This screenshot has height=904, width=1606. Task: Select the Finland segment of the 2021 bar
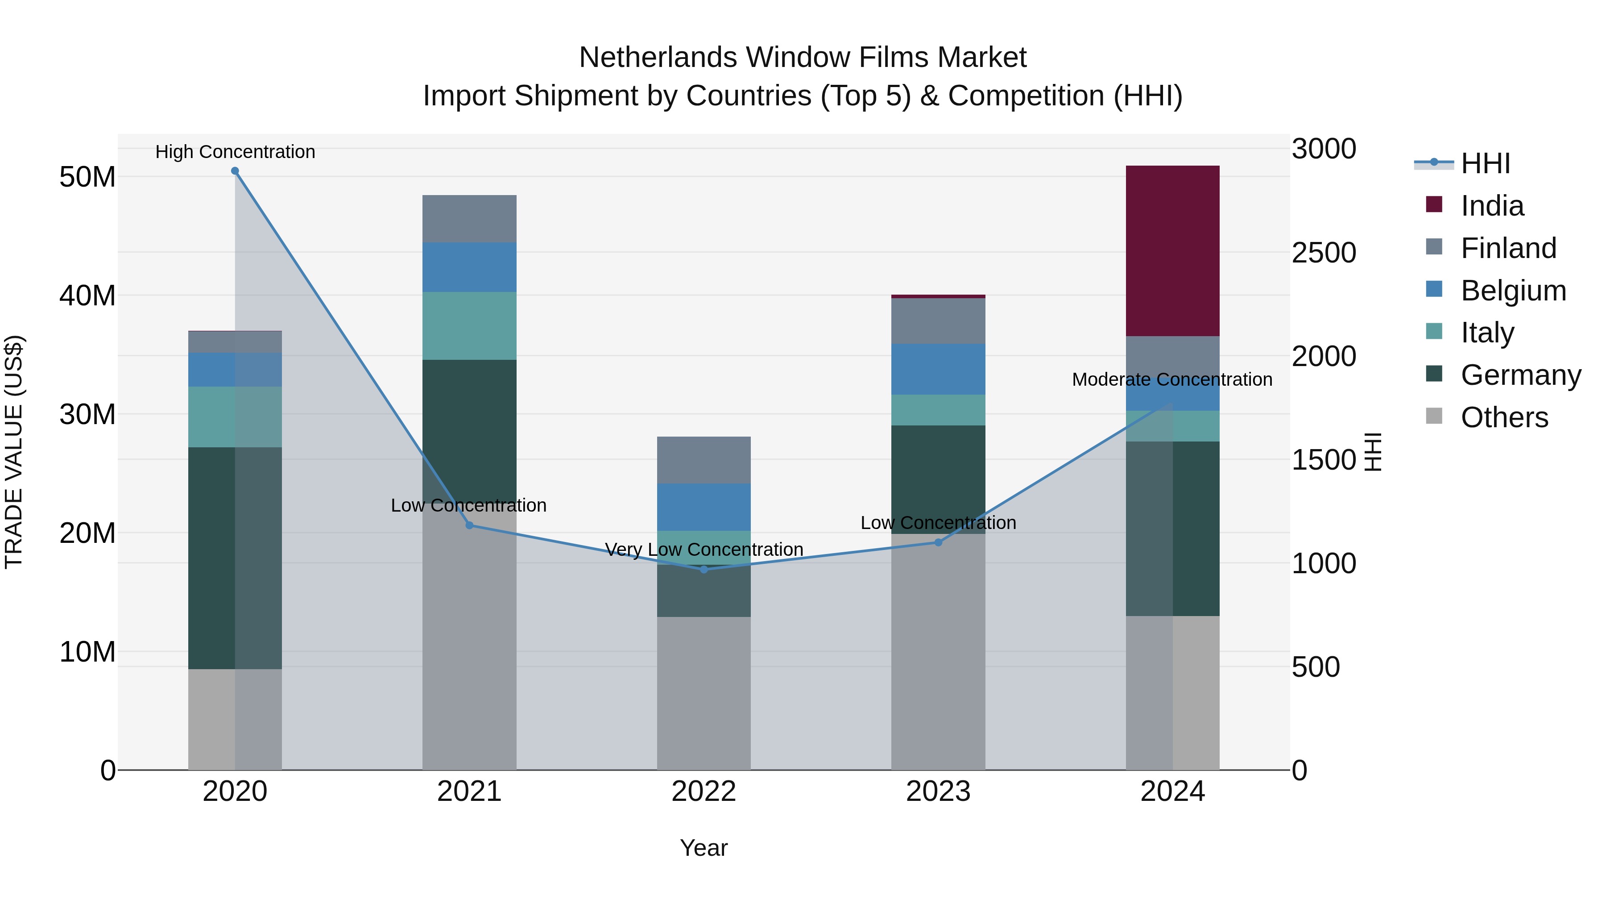coord(469,219)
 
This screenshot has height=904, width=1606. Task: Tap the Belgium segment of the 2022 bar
coord(704,507)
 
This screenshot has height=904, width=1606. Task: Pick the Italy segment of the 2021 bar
coord(469,326)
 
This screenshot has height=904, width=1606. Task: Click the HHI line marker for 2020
coord(235,171)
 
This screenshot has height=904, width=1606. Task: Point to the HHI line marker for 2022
coord(704,570)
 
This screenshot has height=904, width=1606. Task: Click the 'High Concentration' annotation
coord(235,152)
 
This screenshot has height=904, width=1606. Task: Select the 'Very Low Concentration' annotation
coord(704,550)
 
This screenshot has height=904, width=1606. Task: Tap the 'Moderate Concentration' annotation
coord(1172,379)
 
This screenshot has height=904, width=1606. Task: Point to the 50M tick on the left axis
coord(87,177)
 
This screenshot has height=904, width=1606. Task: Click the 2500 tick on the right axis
coord(1324,253)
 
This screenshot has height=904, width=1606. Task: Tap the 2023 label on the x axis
coord(938,792)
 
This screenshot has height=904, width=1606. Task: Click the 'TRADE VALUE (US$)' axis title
coord(14,452)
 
